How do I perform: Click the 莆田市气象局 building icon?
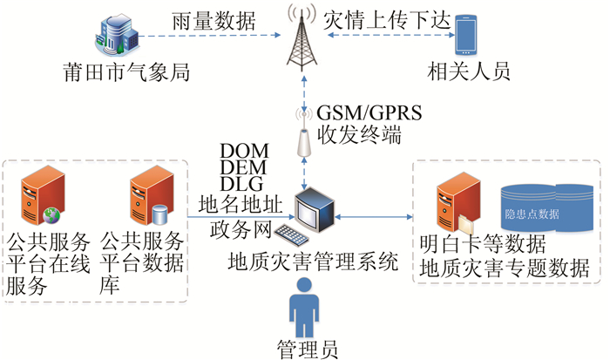118,34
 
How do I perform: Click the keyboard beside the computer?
288,234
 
